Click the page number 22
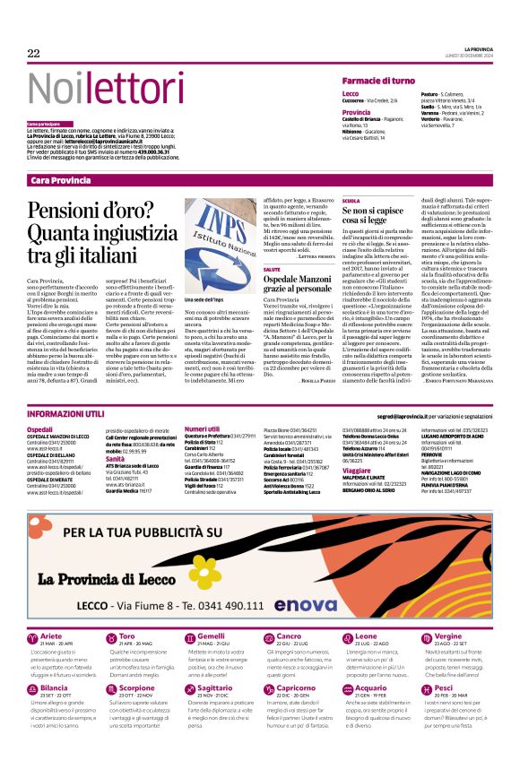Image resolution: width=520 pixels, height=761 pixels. click(34, 54)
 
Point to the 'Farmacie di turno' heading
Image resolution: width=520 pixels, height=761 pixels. click(378, 81)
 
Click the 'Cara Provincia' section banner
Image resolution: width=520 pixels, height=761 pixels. click(61, 181)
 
